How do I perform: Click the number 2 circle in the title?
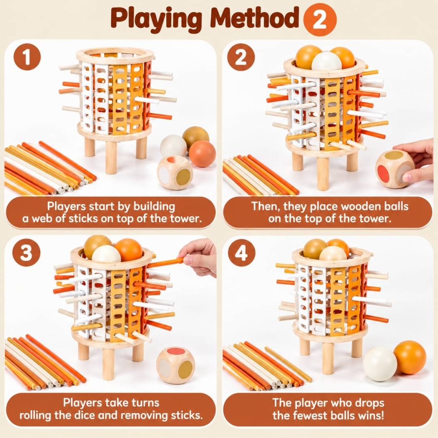coord(320,19)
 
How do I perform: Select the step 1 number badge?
coord(27,57)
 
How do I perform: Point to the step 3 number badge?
coord(26,253)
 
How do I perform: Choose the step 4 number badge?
coord(241,253)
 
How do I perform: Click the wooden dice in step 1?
coord(175,173)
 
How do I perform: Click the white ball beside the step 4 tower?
coord(380,363)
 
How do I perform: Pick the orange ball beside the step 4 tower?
coord(410,357)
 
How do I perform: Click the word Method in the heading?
coord(255,19)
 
